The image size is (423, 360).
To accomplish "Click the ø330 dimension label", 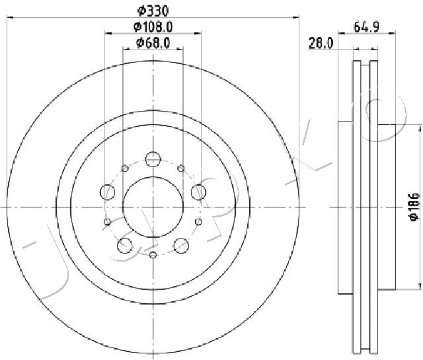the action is (153, 11).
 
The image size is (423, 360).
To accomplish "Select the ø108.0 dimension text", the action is (153, 26).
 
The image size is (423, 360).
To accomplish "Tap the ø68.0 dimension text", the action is (153, 43).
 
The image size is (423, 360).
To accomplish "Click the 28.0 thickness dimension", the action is (321, 43).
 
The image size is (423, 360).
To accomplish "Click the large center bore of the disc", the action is (153, 207).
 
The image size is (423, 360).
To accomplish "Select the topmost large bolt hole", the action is (153, 159).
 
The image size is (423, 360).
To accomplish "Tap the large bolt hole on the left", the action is (107, 192).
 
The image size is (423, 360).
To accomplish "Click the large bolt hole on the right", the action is (198, 192).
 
